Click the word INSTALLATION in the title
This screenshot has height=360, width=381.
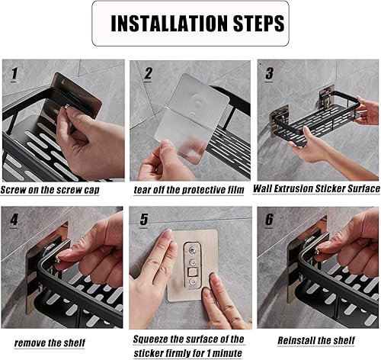(x=169, y=24)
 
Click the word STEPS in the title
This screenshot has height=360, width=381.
(x=258, y=24)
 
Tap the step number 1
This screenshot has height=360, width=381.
(x=14, y=74)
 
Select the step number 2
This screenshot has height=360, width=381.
(x=148, y=73)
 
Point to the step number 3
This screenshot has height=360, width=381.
(x=269, y=73)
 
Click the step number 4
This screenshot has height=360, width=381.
(x=14, y=220)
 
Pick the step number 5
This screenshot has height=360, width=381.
(x=144, y=220)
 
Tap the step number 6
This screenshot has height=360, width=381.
(x=269, y=220)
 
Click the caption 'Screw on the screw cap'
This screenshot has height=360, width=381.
(x=50, y=190)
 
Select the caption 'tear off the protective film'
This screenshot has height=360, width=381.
(x=189, y=190)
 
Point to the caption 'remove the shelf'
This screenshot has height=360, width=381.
(x=50, y=343)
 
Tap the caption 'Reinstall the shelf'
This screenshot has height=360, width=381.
(x=316, y=340)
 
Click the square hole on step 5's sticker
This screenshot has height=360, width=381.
(x=193, y=272)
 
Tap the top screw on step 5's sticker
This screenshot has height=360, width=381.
(x=193, y=251)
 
